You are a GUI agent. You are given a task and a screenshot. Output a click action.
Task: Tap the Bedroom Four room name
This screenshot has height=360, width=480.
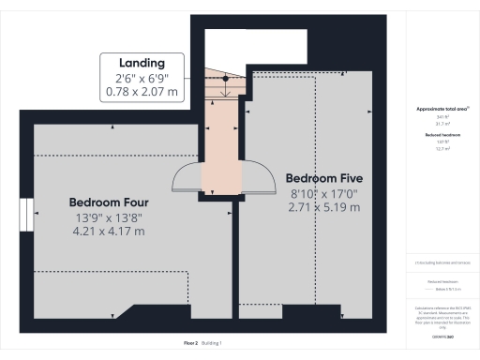109,202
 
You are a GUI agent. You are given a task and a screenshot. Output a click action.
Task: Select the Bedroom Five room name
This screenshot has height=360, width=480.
323,178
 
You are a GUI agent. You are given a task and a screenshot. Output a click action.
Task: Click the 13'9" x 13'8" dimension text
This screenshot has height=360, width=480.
109,218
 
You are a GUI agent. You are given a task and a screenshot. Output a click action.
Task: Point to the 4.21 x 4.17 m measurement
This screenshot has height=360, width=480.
109,233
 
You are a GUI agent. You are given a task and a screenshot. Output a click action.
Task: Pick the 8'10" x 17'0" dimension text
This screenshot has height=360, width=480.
323,195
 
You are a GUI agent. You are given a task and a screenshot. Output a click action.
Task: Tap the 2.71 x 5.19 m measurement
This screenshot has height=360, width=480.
323,208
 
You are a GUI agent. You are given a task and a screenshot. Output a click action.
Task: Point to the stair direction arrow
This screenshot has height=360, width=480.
225,88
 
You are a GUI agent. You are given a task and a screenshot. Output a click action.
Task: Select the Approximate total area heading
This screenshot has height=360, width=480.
442,110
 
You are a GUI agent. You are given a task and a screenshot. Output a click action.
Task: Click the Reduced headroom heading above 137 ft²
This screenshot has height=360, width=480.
442,136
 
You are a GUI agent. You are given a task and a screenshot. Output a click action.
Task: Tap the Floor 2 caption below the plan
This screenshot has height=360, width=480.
190,343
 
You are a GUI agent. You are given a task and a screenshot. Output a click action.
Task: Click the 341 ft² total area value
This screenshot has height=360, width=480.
442,117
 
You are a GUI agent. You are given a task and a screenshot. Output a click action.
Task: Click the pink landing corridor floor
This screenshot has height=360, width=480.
221,141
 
